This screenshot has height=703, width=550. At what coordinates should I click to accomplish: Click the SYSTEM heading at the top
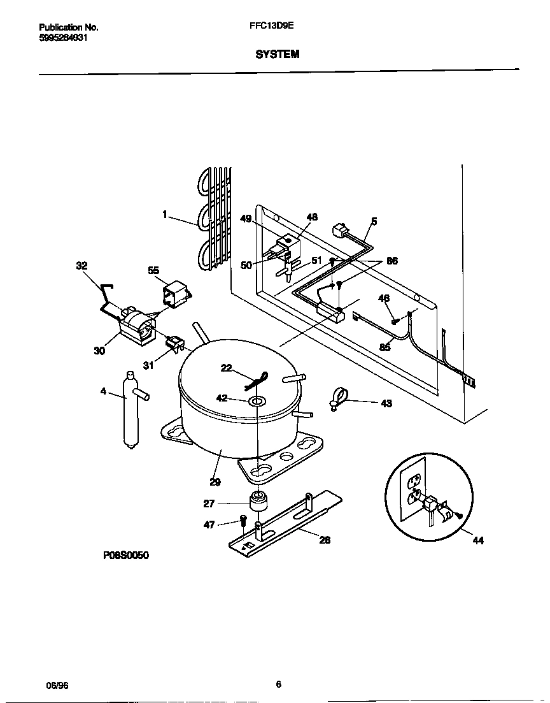point(277,55)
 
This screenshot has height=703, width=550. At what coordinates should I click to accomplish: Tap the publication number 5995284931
point(64,38)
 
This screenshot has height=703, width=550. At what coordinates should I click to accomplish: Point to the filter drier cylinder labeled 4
point(130,411)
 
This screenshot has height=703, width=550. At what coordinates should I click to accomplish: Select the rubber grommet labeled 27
point(257,502)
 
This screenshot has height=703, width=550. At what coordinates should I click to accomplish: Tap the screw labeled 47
point(243,525)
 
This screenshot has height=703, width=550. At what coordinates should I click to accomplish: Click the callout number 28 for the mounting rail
point(325,539)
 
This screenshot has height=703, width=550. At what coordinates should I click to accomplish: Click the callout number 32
point(83,266)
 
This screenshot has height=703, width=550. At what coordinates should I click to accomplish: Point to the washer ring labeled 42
point(258,401)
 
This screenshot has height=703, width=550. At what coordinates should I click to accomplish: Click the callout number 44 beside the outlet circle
point(478,540)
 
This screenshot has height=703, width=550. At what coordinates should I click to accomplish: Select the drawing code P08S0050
point(125,556)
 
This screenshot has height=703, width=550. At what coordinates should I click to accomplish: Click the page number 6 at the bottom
point(278,685)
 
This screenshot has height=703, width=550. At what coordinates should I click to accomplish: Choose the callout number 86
point(391,261)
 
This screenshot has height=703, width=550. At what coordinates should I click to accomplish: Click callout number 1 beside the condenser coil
point(165,215)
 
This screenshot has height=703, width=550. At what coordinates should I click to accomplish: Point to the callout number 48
point(312,217)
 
